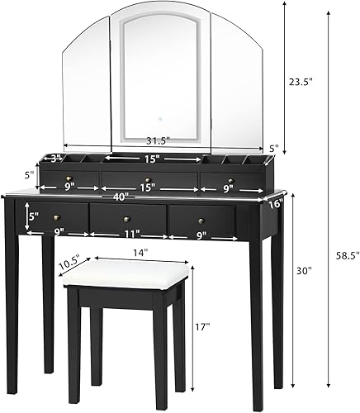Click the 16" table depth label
click(275, 201)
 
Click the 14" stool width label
click(138, 252)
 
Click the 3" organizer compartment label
click(57, 157)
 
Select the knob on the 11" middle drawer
click(128, 219)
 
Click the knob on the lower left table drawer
click(57, 216)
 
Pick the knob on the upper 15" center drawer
click(146, 180)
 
